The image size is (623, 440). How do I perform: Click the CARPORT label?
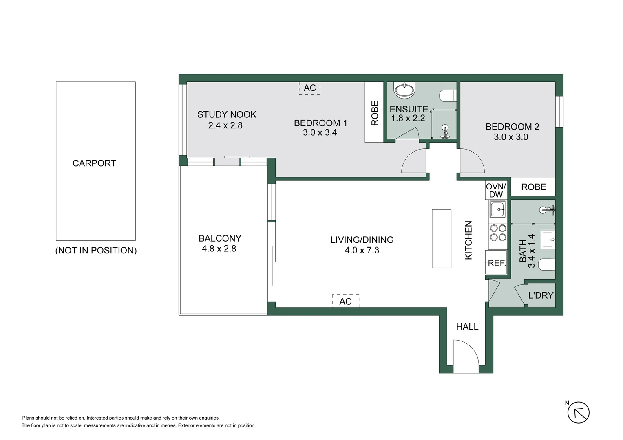coord(94,163)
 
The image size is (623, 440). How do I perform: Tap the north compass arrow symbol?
coord(579,412)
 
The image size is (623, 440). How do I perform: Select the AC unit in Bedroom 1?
coord(310,88)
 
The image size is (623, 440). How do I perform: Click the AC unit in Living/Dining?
coord(345,301)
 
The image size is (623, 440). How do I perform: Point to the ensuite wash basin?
coord(404,90)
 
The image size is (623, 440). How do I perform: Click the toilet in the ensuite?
coord(448,96)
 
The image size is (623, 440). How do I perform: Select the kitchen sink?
coord(497,210)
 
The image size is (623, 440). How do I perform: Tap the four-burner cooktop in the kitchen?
coord(498,233)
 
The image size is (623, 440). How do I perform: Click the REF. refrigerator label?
coord(497,263)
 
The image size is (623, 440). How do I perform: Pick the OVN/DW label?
coord(496,190)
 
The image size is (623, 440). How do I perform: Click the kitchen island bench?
coord(442,239)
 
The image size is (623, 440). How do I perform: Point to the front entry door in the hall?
coord(466,357)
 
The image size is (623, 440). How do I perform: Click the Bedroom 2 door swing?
coord(472,161)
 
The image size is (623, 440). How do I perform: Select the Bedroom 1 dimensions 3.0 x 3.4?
coord(320,132)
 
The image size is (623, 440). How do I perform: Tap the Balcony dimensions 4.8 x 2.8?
coord(219,249)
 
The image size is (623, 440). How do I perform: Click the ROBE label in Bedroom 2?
coord(533,187)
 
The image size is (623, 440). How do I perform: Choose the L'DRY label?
coord(541,295)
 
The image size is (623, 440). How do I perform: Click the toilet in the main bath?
coord(546,265)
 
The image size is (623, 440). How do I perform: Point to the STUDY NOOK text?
coord(227,114)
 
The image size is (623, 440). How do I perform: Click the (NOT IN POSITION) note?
coord(96,251)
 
